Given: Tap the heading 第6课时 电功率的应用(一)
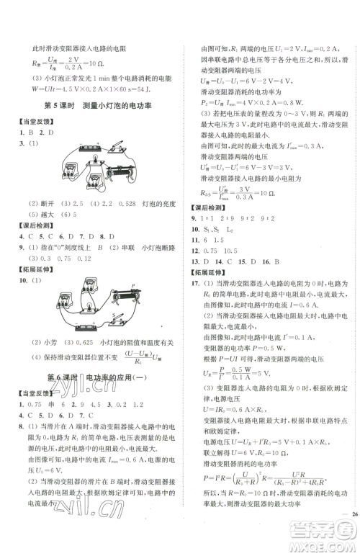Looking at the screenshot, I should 99,377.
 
